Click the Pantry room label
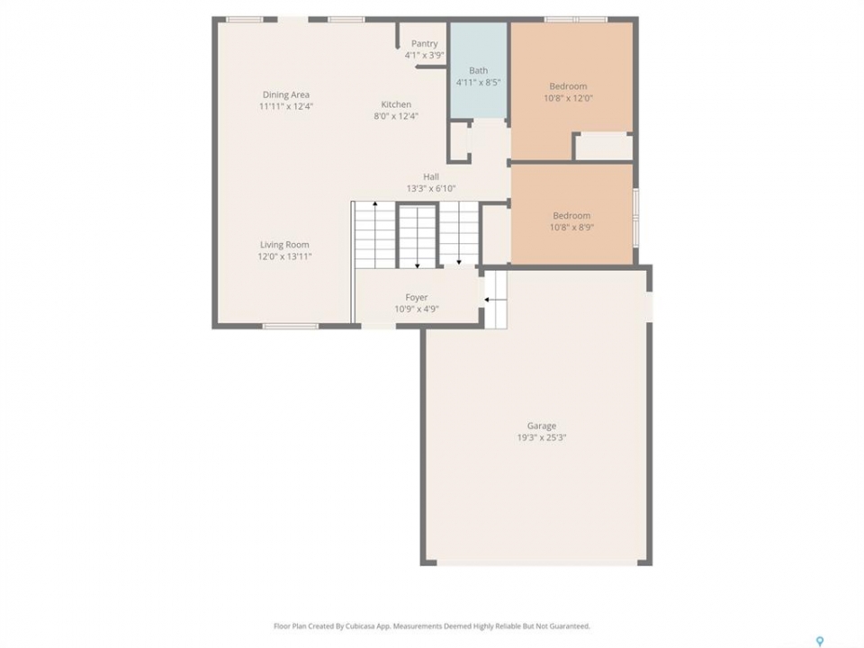tap(424, 43)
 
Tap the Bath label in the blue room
tap(478, 70)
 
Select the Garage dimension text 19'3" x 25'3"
tap(542, 437)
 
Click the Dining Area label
tap(285, 94)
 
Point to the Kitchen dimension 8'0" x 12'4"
tap(396, 116)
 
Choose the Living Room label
tap(284, 245)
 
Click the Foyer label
tap(417, 298)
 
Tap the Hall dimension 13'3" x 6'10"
tap(431, 188)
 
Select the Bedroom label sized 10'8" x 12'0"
tap(568, 86)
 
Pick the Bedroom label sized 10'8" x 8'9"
tap(572, 215)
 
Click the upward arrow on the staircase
tap(375, 234)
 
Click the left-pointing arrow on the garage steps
tap(495, 300)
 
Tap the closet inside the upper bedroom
tap(604, 147)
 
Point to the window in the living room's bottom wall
tap(291, 326)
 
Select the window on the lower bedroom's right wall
tap(635, 217)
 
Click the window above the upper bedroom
tap(576, 20)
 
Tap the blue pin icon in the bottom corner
tap(820, 641)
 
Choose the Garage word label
tap(542, 426)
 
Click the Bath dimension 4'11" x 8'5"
tap(478, 83)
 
